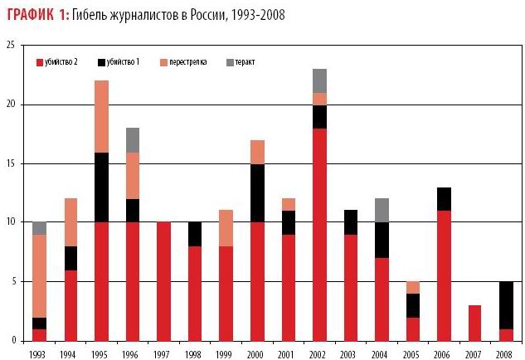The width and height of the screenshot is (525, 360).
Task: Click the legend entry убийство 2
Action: point(63,62)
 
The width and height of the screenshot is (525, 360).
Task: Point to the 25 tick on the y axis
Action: point(10,46)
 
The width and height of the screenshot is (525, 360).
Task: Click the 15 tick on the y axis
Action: point(10,163)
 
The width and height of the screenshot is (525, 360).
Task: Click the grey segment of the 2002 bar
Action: point(319,80)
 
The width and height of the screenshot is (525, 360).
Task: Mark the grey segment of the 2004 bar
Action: point(381,210)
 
